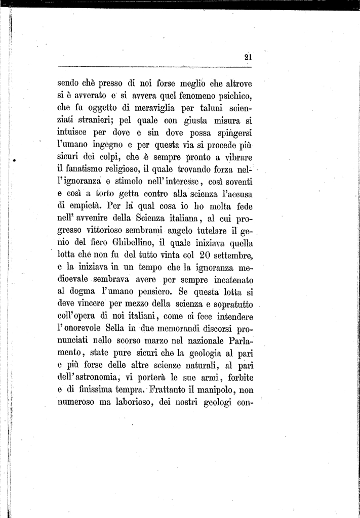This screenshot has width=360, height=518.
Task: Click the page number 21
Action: (x=248, y=57)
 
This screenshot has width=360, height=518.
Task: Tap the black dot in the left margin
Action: (x=15, y=160)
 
